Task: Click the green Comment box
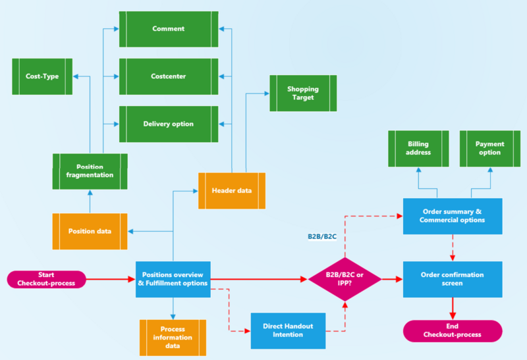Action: (168, 29)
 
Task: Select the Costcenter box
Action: (168, 76)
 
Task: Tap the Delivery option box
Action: (168, 124)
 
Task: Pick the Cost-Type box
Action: (42, 76)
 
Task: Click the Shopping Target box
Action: (303, 93)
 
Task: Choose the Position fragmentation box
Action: (90, 171)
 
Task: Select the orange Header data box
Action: (232, 191)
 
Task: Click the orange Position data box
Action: (90, 232)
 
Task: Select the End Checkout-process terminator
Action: (452, 330)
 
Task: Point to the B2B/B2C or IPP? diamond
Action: (345, 279)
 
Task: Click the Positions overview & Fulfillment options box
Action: (173, 279)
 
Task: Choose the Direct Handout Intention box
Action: (288, 330)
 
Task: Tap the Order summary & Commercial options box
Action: (452, 216)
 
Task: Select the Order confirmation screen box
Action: (452, 279)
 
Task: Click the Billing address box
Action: (418, 148)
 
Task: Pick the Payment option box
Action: (489, 148)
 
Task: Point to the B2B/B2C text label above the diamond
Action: (322, 236)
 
